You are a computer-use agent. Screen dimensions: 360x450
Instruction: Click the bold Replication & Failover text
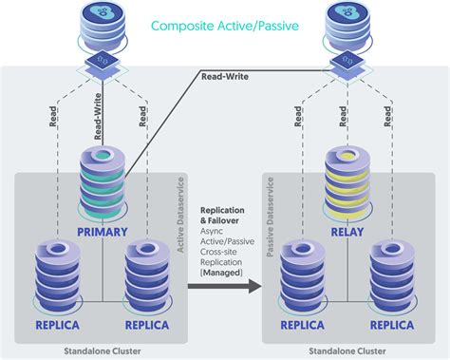click(223, 216)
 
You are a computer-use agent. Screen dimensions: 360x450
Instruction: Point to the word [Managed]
click(222, 273)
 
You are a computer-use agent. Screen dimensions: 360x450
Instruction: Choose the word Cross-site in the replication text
click(223, 252)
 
